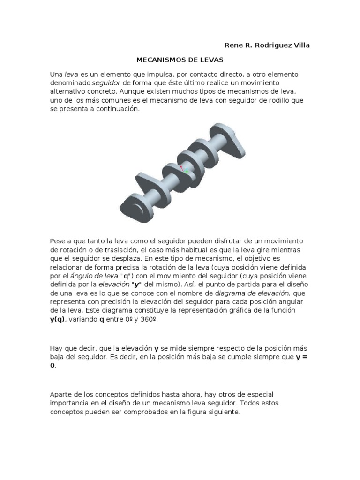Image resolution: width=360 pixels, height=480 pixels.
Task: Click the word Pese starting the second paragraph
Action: [58, 240]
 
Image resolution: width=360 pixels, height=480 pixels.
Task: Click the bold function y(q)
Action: [59, 319]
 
